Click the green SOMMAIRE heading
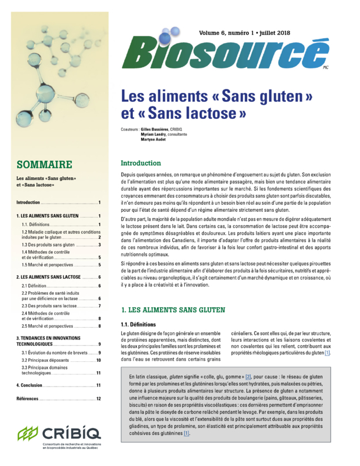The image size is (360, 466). click(45, 164)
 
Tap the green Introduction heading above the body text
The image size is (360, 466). click(144, 162)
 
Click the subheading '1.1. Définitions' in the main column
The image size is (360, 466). click(138, 324)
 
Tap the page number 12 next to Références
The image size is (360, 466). click(99, 399)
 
